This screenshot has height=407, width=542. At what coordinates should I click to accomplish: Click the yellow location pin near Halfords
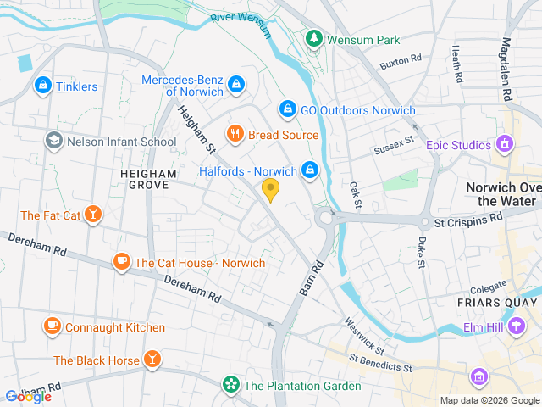[x=270, y=189]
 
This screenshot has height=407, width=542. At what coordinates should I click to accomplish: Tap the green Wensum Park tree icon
[x=313, y=39]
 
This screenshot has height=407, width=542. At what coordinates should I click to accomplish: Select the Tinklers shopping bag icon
[x=41, y=86]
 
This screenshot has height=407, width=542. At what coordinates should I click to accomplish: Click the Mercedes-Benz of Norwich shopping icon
[x=236, y=85]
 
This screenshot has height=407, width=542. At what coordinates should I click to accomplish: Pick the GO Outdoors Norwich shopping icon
[x=287, y=110]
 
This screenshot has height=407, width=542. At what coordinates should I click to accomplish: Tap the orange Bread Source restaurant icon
[x=235, y=134]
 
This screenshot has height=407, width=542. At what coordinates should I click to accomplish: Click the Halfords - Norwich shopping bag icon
[x=310, y=170]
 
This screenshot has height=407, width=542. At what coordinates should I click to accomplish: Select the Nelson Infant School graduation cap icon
[x=54, y=141]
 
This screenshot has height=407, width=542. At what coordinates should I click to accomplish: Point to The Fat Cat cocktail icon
[x=93, y=215]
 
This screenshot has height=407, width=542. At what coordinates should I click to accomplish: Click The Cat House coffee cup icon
[x=121, y=262]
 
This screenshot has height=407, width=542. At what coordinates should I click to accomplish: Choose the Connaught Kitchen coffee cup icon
[x=53, y=326]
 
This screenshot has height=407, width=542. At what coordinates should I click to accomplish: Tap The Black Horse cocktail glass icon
[x=152, y=360]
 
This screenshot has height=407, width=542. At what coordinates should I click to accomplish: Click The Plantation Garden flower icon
[x=230, y=385]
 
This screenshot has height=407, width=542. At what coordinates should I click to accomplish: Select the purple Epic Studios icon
[x=506, y=144]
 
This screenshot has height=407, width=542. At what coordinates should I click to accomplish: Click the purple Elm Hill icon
[x=515, y=326]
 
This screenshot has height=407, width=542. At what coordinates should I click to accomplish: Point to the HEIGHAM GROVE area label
[x=148, y=179]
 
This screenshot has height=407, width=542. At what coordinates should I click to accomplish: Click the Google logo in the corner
[x=28, y=396]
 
